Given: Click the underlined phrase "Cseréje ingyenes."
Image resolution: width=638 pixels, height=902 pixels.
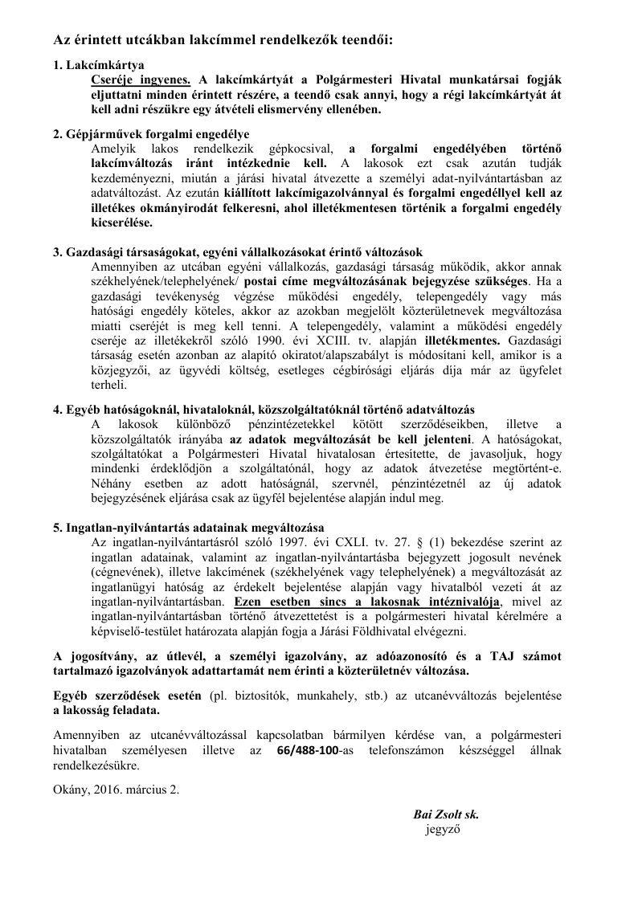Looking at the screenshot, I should (141, 79).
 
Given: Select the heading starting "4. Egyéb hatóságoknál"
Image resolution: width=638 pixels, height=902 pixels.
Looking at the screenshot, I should (264, 409).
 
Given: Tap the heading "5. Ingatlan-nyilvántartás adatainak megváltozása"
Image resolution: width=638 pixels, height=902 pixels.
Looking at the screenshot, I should (188, 528).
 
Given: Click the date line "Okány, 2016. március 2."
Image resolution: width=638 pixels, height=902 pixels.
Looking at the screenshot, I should (117, 789).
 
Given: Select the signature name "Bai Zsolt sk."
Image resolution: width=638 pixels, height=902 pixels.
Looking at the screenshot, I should (446, 814).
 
